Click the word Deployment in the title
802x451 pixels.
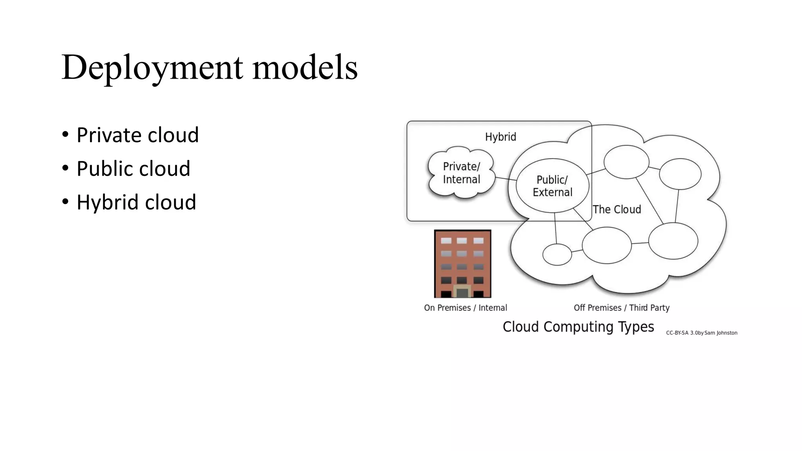point(152,67)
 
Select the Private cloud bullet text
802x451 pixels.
point(137,135)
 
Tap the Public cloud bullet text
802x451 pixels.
point(133,169)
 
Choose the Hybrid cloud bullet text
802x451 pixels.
point(136,202)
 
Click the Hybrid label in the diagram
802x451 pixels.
point(500,137)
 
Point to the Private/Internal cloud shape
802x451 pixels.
point(461,173)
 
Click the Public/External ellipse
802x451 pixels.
point(552,186)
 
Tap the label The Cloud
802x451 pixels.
point(617,209)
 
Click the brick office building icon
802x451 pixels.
point(462,263)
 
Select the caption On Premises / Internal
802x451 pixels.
point(465,308)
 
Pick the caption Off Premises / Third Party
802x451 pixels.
point(621,308)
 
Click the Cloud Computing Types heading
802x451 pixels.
point(578,327)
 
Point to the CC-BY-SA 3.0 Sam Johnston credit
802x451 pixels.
point(701,333)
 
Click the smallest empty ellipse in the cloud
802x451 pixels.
point(557,254)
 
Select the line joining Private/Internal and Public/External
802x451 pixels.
point(506,179)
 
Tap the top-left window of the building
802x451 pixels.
point(446,241)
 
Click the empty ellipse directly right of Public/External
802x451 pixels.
point(626,162)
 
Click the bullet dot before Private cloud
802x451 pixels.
point(65,135)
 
